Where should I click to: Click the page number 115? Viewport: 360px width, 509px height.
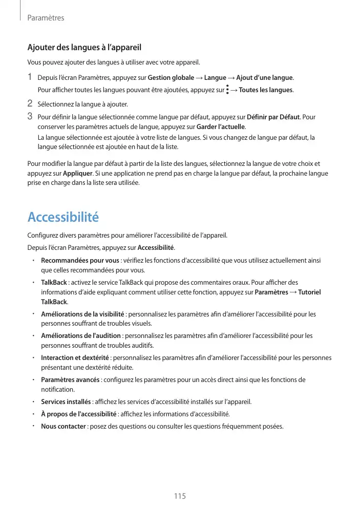click(x=179, y=496)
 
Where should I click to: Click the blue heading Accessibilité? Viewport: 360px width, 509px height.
click(x=63, y=217)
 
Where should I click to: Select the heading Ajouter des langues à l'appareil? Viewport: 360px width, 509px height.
click(x=84, y=48)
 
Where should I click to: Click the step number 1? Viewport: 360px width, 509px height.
click(x=30, y=77)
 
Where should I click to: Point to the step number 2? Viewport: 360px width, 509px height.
click(x=30, y=104)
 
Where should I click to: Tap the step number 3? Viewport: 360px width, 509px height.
click(x=30, y=116)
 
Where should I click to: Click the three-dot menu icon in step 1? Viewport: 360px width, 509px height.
click(x=227, y=90)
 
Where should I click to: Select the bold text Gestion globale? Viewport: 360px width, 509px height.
click(x=171, y=78)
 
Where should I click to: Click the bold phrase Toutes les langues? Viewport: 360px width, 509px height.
click(x=266, y=91)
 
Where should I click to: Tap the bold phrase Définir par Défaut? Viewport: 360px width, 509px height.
click(x=273, y=117)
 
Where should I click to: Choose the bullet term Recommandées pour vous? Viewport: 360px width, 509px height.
click(x=80, y=260)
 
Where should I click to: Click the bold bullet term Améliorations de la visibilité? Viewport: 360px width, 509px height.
click(x=82, y=314)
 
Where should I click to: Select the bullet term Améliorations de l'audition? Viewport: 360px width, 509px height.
click(x=81, y=336)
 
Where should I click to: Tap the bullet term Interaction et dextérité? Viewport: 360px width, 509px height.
click(x=76, y=357)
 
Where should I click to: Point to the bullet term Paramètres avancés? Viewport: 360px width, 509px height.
click(x=71, y=379)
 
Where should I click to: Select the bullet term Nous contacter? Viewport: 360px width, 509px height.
click(x=63, y=427)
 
